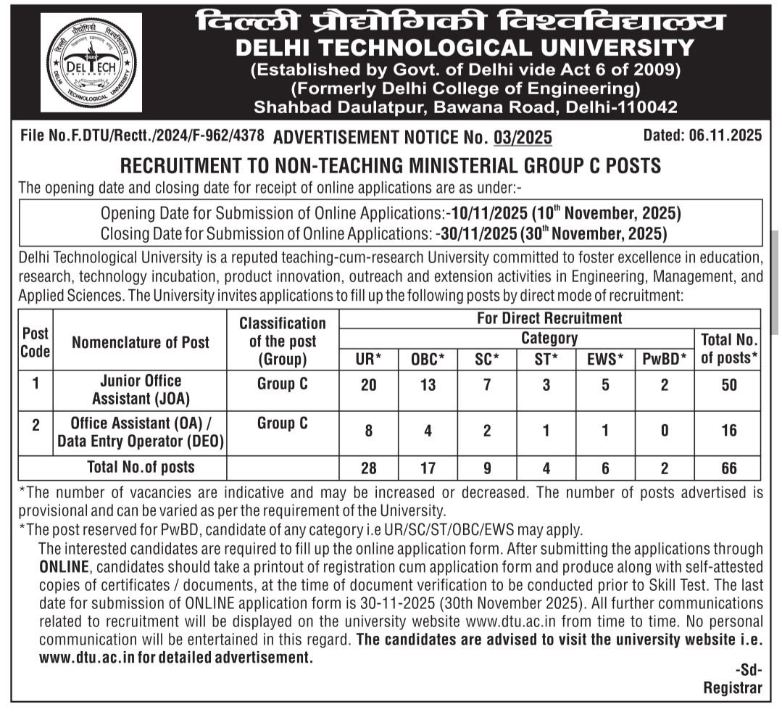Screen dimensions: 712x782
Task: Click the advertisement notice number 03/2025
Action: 523,137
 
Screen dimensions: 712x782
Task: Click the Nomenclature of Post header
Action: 141,343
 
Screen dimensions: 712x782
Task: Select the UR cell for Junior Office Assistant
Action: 368,385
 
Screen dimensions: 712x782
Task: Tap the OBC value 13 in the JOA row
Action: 428,385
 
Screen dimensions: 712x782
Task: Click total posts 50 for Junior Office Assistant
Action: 728,385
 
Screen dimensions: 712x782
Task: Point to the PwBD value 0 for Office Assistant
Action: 663,431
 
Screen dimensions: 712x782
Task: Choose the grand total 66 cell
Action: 728,468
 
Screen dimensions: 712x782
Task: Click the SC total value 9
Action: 487,468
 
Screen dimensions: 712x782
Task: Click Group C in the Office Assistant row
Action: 282,423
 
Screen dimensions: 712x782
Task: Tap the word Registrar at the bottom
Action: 732,688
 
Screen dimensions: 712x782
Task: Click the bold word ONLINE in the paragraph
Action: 64,566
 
